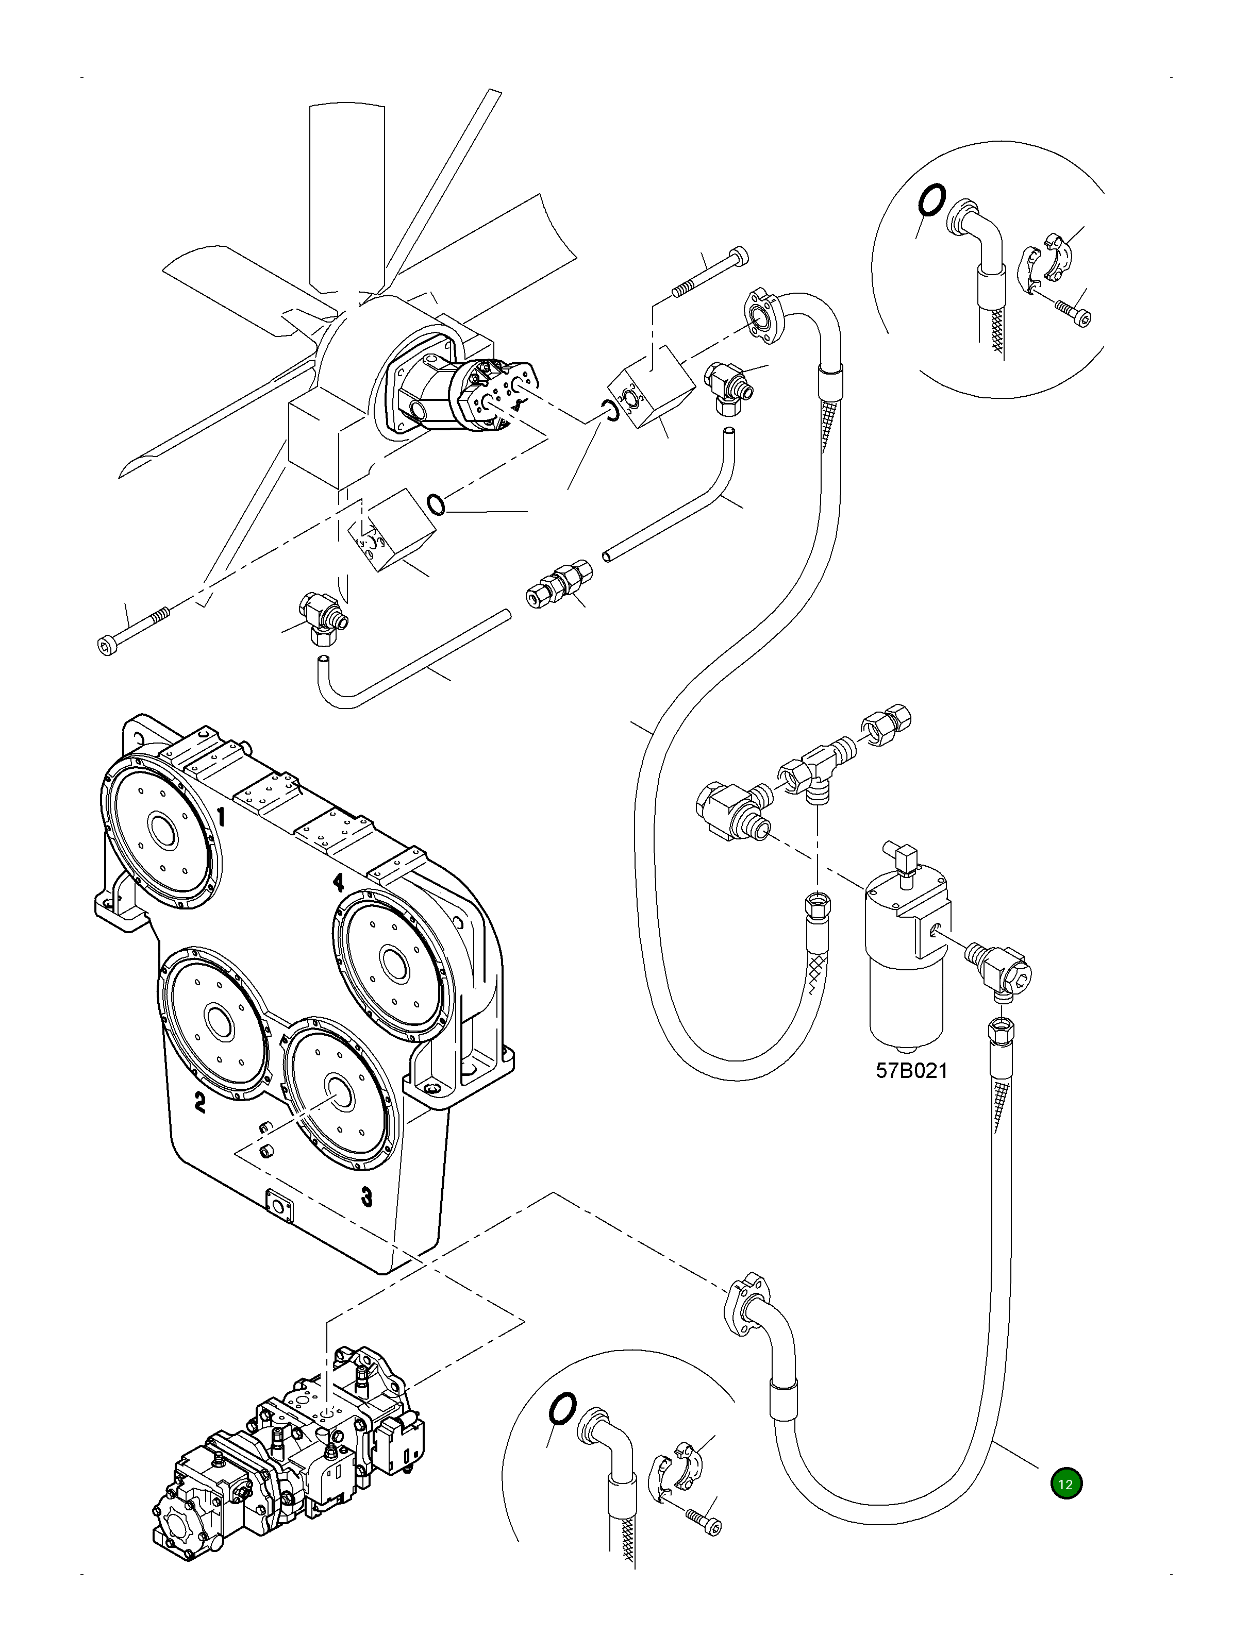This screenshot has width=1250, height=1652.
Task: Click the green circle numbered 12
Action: point(1065,1483)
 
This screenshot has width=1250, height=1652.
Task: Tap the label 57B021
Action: point(911,1071)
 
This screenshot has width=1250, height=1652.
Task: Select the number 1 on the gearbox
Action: point(221,817)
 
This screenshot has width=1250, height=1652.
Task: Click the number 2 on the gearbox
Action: point(199,1102)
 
